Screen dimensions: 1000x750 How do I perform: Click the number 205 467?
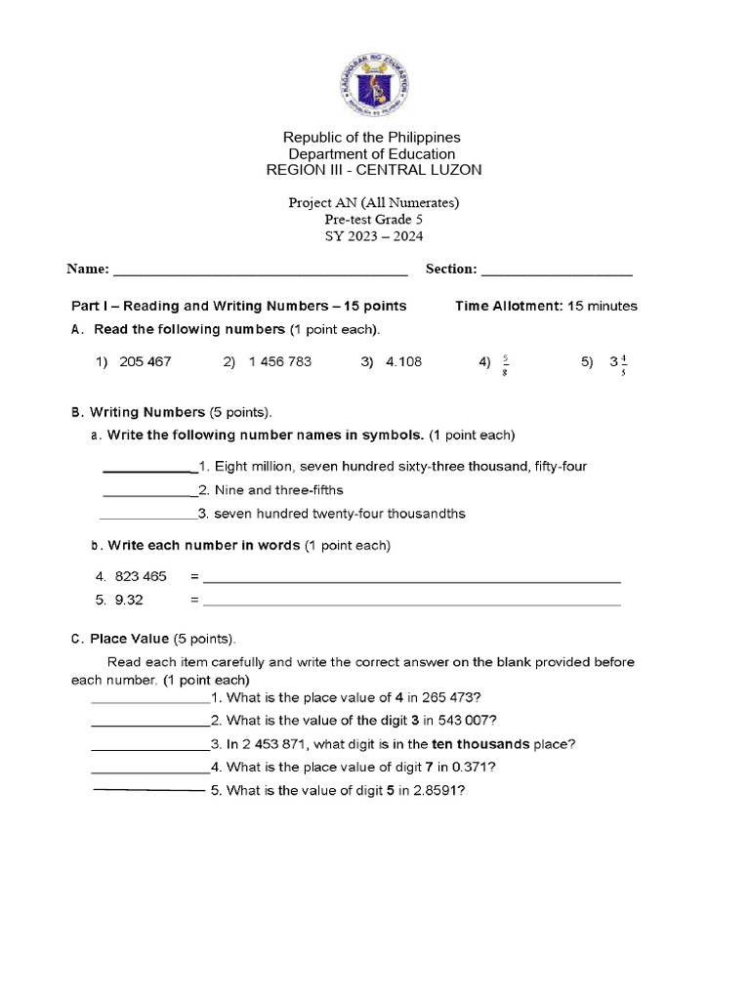(146, 361)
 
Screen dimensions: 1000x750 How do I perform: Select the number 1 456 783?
(280, 361)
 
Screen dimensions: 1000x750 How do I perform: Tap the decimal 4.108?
(404, 361)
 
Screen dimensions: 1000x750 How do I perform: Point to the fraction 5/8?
(506, 362)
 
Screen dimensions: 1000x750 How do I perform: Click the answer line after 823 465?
(411, 581)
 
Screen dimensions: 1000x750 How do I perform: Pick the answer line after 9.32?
(411, 604)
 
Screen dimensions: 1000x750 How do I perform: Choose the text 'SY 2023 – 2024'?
(375, 235)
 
